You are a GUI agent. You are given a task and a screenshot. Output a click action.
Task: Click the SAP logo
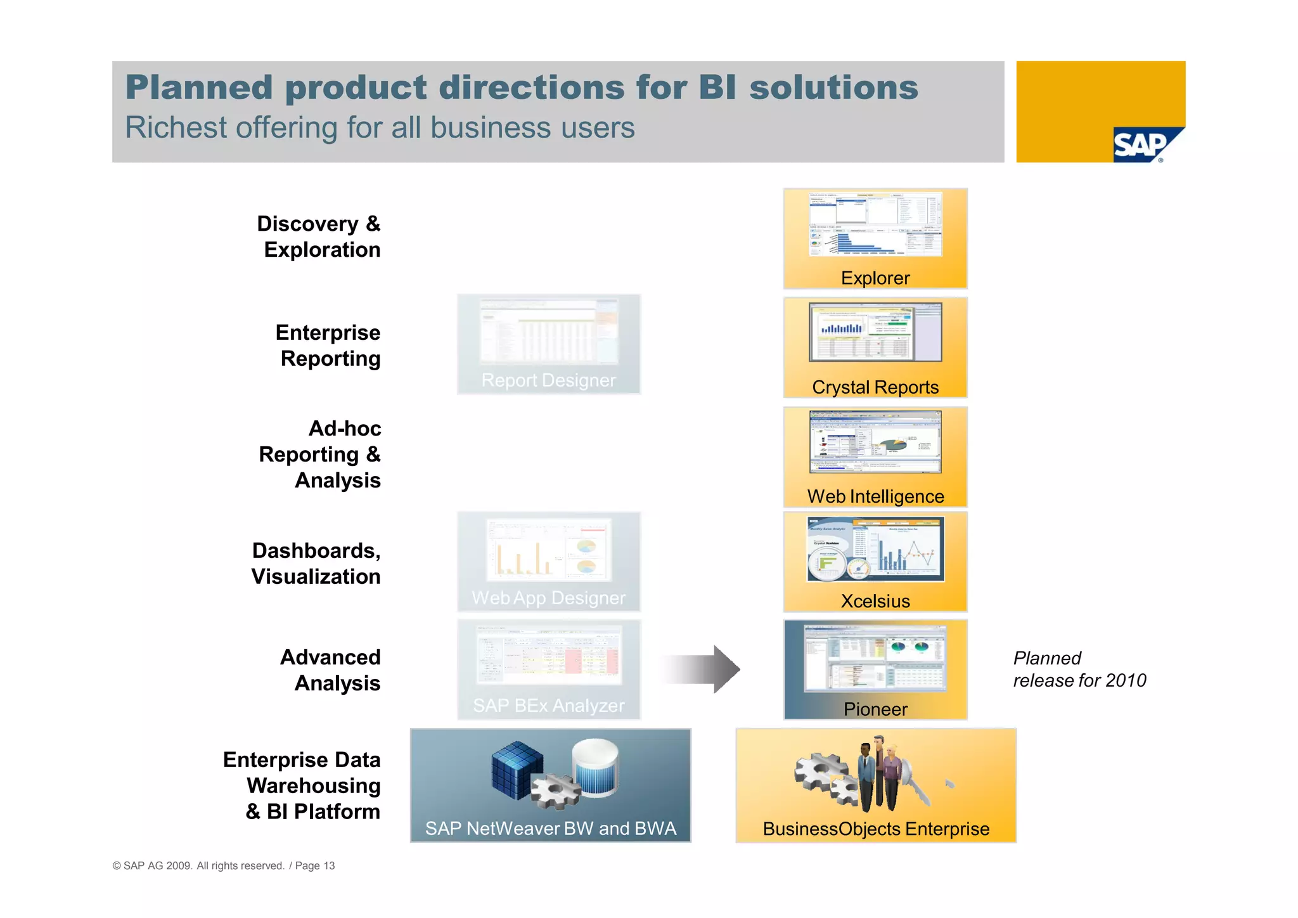pos(1141,145)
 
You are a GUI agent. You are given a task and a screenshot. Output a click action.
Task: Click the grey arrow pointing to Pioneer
pos(700,669)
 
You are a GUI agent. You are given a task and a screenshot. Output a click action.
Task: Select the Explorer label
pos(875,278)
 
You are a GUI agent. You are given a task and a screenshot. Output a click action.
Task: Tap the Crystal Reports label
pos(875,387)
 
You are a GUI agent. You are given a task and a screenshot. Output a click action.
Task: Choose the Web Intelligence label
pos(875,496)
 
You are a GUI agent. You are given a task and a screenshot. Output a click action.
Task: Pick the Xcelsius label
pos(875,600)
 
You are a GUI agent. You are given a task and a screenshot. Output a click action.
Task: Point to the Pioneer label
pos(875,709)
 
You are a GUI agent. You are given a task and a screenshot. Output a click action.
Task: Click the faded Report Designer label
pos(548,380)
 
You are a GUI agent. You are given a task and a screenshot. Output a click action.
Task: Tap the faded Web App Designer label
pos(548,598)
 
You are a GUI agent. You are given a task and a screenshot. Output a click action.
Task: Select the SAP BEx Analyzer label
pos(548,705)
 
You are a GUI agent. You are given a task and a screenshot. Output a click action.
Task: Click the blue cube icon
pos(517,768)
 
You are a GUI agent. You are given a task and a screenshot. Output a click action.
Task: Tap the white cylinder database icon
pos(594,767)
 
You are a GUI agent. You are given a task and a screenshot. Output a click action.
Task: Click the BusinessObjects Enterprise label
pos(875,829)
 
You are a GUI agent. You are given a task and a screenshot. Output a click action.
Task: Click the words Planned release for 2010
pos(1079,669)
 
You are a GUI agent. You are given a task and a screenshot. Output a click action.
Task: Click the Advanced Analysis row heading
pos(331,670)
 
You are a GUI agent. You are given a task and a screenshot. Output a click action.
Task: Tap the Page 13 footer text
pos(315,866)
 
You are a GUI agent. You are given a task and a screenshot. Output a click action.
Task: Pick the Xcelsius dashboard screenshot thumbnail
pos(875,549)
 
